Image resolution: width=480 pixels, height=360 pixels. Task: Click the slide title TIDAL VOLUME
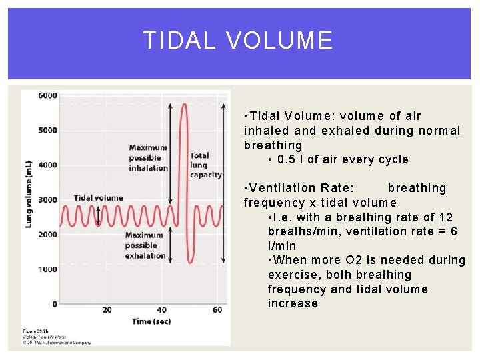click(x=238, y=41)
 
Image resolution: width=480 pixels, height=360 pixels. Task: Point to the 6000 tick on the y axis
click(x=47, y=95)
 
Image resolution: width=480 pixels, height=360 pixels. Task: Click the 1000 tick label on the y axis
click(x=47, y=269)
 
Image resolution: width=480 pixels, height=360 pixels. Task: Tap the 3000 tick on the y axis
click(x=47, y=200)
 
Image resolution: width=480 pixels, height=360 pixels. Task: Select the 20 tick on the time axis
click(x=107, y=309)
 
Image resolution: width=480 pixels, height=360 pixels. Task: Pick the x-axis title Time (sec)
click(x=151, y=321)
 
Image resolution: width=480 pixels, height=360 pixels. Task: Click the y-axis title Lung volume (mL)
click(x=29, y=193)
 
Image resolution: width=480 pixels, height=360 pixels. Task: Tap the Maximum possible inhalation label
click(x=148, y=158)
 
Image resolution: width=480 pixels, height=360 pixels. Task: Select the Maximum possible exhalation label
click(x=145, y=245)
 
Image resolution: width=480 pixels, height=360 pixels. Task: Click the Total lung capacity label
click(x=205, y=165)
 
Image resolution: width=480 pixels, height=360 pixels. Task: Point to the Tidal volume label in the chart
click(x=98, y=197)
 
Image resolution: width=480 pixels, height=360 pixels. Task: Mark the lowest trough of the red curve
click(x=189, y=263)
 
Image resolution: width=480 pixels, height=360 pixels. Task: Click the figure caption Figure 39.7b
click(x=39, y=331)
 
